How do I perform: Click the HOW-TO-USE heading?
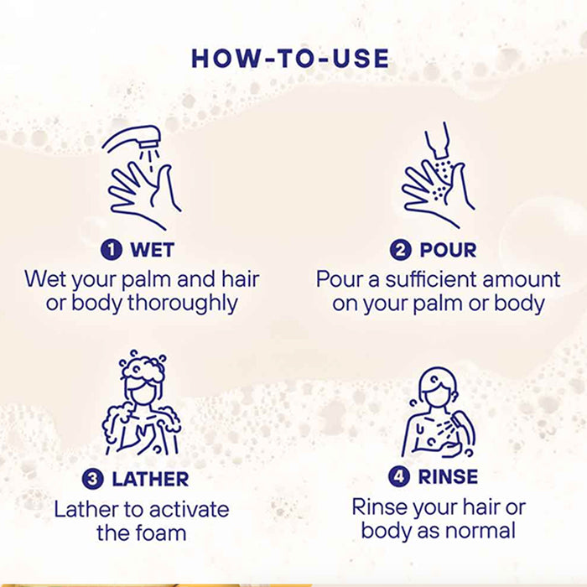(290, 59)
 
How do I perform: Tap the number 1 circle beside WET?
(112, 250)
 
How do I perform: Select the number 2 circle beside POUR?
(401, 250)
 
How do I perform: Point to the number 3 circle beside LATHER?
(92, 479)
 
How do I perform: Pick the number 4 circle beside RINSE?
(398, 476)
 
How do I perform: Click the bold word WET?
(152, 250)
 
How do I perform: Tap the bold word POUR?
(448, 250)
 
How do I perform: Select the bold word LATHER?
(150, 480)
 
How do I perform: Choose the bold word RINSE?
(448, 476)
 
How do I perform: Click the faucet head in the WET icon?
(149, 137)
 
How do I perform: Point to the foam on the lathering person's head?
(143, 368)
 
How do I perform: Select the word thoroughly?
(183, 304)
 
